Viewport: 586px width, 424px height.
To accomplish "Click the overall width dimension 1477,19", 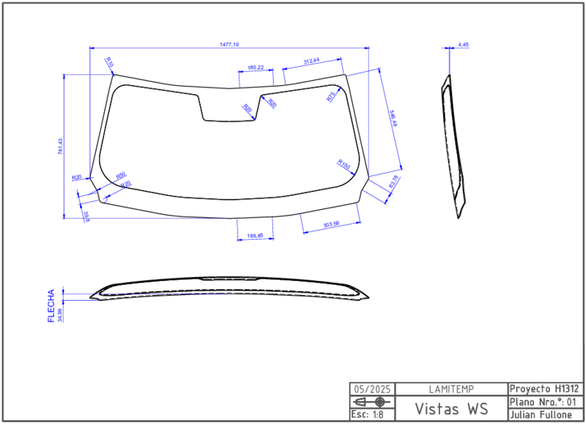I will coord(229,45).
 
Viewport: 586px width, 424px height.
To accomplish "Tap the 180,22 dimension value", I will coord(256,67).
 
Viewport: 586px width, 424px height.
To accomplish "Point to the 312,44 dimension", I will coord(311,61).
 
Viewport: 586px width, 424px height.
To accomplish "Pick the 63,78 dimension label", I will coord(394,182).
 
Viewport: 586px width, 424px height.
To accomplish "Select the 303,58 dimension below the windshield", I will coord(330,223).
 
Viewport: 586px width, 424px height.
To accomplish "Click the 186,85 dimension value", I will coord(255,235).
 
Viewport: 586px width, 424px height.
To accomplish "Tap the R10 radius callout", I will coord(109,62).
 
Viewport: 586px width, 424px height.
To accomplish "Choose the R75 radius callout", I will coord(330,95).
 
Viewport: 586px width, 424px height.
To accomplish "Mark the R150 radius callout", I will coord(344,164).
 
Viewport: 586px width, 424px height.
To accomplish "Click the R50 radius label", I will coord(121,175).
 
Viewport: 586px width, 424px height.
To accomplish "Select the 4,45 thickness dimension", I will coord(463,45).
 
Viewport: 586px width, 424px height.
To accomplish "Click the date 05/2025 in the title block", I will coord(371,389).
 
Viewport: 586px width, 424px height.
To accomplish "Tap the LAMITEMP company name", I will coord(450,389).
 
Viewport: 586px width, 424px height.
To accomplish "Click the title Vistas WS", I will coord(450,408).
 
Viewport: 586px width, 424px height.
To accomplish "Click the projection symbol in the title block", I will coord(371,403).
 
